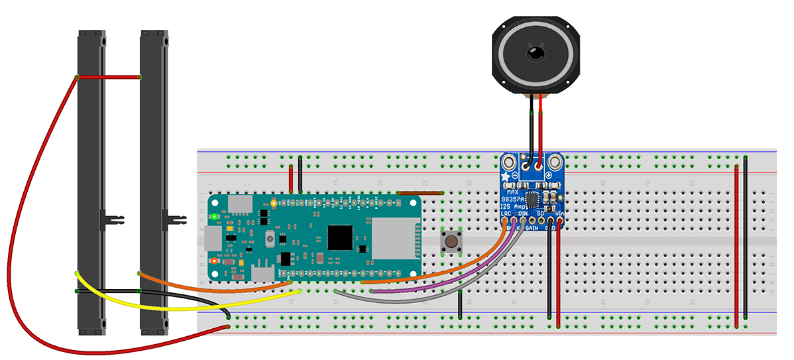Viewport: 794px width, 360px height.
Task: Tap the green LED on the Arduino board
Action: [x=213, y=217]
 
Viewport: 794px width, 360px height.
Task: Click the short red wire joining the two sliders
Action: [x=109, y=78]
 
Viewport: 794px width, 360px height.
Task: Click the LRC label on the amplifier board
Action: [x=507, y=213]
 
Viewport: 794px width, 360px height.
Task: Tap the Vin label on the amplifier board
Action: [x=560, y=213]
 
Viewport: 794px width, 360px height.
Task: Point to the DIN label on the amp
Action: [x=524, y=213]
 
